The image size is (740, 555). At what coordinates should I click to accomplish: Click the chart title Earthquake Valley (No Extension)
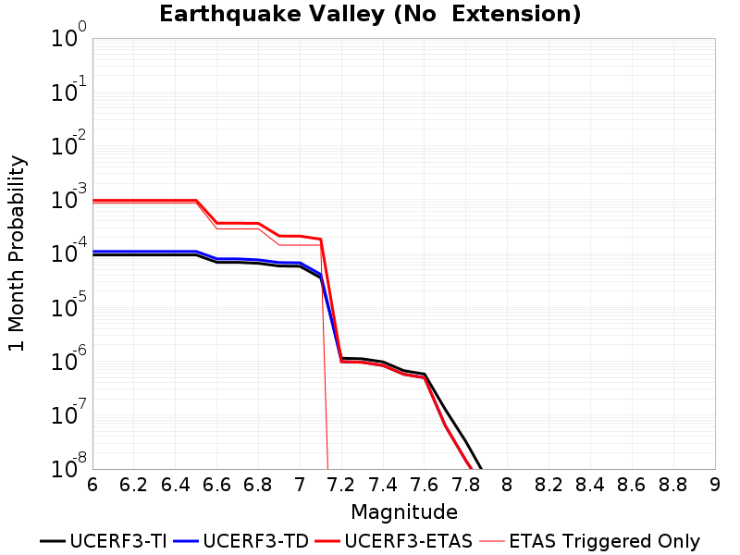click(370, 14)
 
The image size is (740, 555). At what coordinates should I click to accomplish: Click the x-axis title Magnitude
click(404, 512)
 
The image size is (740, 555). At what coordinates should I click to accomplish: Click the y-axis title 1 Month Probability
click(17, 253)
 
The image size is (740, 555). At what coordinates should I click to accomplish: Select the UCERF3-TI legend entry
click(104, 541)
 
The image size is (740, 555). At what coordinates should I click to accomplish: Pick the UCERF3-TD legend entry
click(241, 541)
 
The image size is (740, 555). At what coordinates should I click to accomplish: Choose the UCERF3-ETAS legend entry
click(394, 541)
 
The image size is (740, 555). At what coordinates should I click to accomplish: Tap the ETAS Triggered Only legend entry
click(589, 541)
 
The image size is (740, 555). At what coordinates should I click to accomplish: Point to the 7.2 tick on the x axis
click(341, 484)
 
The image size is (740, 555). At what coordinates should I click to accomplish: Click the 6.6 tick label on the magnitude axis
click(216, 484)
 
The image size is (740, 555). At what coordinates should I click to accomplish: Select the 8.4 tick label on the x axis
click(590, 484)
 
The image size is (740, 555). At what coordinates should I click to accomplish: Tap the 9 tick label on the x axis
click(715, 484)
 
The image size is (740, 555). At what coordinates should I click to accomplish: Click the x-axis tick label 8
click(507, 484)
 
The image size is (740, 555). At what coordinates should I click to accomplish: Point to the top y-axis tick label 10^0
click(68, 34)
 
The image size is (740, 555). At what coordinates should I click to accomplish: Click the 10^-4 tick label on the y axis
click(68, 251)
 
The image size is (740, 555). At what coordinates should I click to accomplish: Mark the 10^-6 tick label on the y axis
click(68, 359)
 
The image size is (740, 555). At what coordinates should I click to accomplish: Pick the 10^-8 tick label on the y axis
click(68, 466)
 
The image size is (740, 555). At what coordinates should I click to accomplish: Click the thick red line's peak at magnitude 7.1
click(321, 240)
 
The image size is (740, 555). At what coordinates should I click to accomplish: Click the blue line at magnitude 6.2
click(134, 252)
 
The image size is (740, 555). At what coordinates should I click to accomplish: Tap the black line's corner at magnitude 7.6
click(425, 375)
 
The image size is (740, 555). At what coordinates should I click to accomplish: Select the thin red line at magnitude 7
click(300, 245)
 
